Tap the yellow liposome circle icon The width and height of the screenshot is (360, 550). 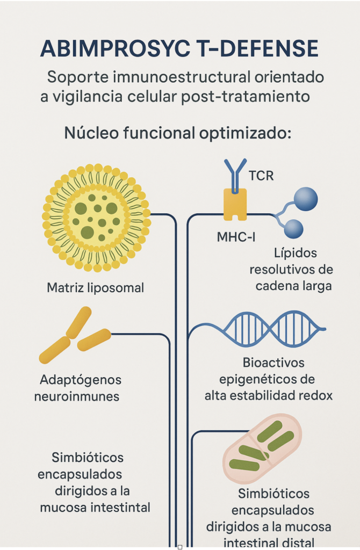tap(96, 216)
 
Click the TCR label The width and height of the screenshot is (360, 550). tap(261, 176)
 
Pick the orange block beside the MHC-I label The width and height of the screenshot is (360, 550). tap(235, 204)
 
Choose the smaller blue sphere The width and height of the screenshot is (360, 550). tap(293, 229)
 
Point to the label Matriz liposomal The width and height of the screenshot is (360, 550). tap(96, 287)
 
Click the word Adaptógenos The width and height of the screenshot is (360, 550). tap(81, 380)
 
